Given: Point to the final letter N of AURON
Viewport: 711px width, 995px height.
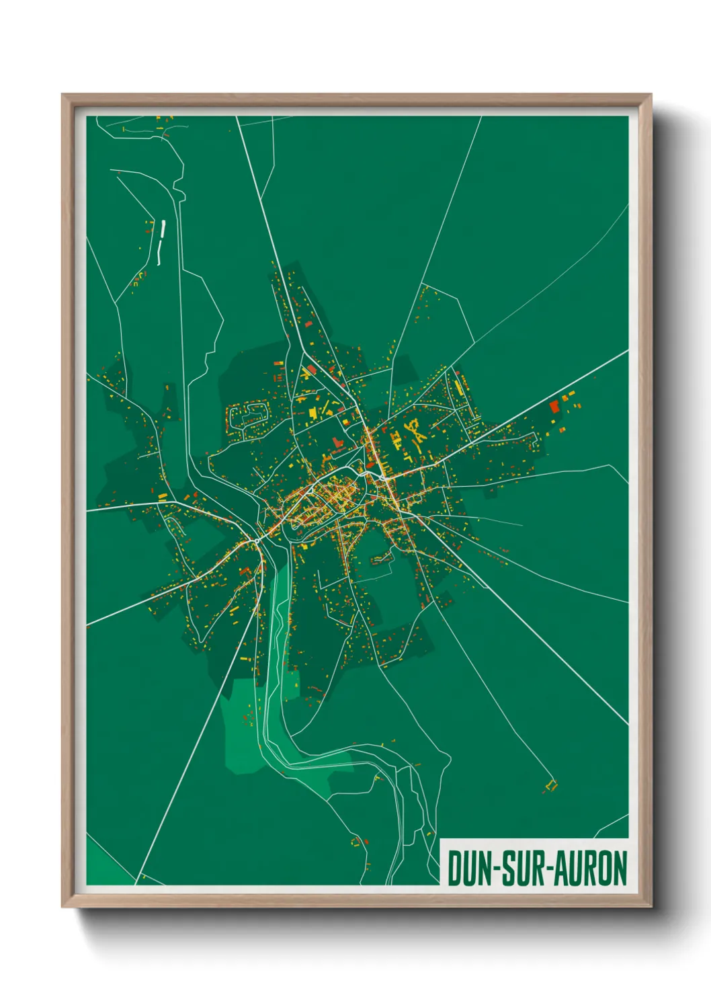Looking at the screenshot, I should [620, 869].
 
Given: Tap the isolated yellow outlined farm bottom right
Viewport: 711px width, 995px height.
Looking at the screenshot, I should [551, 785].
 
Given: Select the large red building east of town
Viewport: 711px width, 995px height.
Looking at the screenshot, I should [554, 406].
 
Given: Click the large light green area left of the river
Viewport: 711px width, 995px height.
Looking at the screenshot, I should [242, 726].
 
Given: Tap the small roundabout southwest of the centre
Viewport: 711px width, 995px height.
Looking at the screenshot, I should [257, 539].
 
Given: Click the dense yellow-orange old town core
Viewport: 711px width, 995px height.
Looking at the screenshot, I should [326, 497].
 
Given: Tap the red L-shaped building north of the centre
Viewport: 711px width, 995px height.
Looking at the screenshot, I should [337, 442].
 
